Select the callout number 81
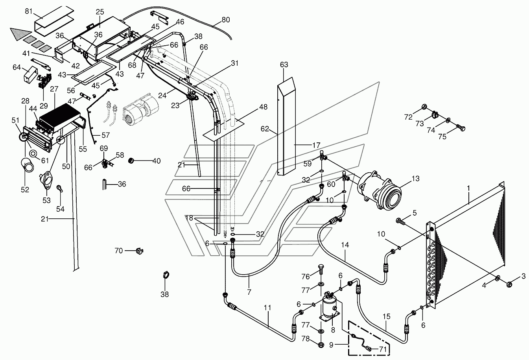point(29,11)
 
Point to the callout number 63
point(284,65)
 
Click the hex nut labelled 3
point(509,284)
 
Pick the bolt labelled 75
point(461,127)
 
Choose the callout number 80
point(225,20)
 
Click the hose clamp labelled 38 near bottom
point(166,276)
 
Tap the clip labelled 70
point(140,251)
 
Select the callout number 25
point(100,12)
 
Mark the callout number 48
point(263,107)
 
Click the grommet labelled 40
point(131,161)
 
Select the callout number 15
point(386,316)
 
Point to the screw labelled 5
point(401,222)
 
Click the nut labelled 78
point(321,345)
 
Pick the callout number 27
point(54,89)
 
